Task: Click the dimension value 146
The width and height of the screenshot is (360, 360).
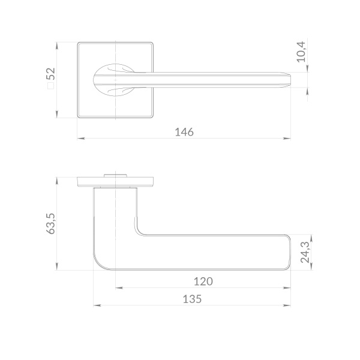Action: coord(184,132)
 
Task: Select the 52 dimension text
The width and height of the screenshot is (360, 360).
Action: coord(51,73)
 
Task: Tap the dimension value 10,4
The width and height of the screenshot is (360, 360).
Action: coord(301,52)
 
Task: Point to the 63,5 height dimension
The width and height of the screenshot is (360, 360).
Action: coord(51,224)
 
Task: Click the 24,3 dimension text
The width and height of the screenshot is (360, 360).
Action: coord(305,253)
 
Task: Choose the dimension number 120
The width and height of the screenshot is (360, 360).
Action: coord(203,281)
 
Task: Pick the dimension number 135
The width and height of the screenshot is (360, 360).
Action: coord(192,299)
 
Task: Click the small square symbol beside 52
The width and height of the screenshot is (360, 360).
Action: coord(51,86)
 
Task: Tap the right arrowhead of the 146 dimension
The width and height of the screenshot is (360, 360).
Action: coord(287,139)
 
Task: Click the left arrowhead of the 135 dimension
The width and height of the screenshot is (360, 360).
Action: coord(97,305)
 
